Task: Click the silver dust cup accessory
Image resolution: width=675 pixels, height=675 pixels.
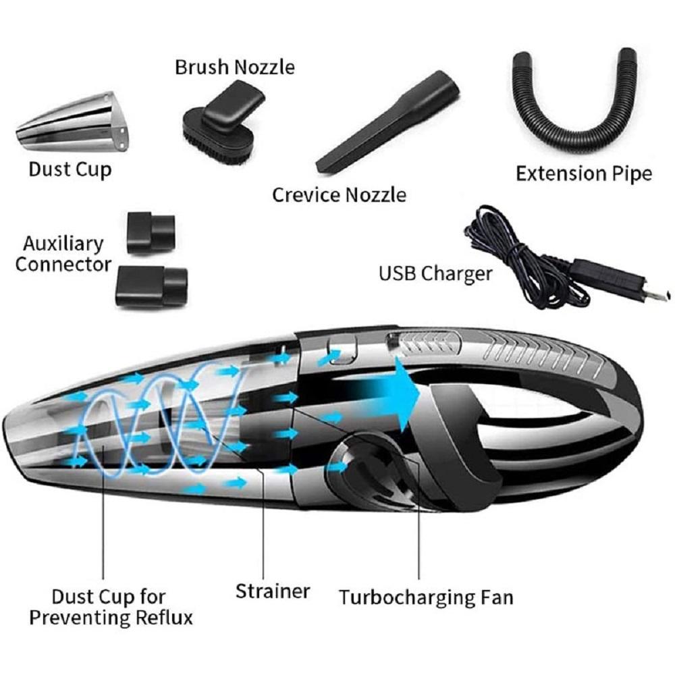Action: (73, 122)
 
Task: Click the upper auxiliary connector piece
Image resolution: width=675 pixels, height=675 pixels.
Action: (151, 232)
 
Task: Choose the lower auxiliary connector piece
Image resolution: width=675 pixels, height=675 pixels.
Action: (151, 286)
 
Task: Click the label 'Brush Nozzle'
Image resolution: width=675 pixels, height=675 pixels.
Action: (235, 67)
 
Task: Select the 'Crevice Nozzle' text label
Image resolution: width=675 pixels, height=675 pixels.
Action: (340, 195)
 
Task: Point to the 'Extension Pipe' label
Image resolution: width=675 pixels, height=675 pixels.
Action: (584, 173)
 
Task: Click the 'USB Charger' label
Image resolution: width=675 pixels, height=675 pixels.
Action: (435, 274)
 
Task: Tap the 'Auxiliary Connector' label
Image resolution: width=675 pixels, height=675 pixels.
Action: (63, 254)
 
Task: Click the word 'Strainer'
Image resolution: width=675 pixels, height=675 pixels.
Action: (273, 591)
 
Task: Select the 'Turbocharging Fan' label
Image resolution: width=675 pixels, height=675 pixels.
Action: (426, 597)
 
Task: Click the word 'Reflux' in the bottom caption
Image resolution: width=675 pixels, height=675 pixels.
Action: (164, 618)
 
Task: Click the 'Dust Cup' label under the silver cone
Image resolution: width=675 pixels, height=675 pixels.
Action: (70, 169)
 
